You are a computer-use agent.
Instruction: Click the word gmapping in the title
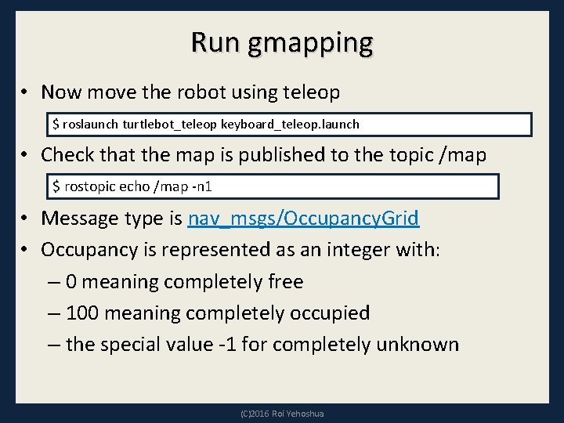[x=310, y=43]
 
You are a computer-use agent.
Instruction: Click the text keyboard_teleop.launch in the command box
[x=290, y=125]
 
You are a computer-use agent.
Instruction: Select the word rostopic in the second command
[x=86, y=187]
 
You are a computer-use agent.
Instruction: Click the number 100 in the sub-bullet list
[x=82, y=313]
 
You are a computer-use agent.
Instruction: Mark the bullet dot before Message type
[x=26, y=219]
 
